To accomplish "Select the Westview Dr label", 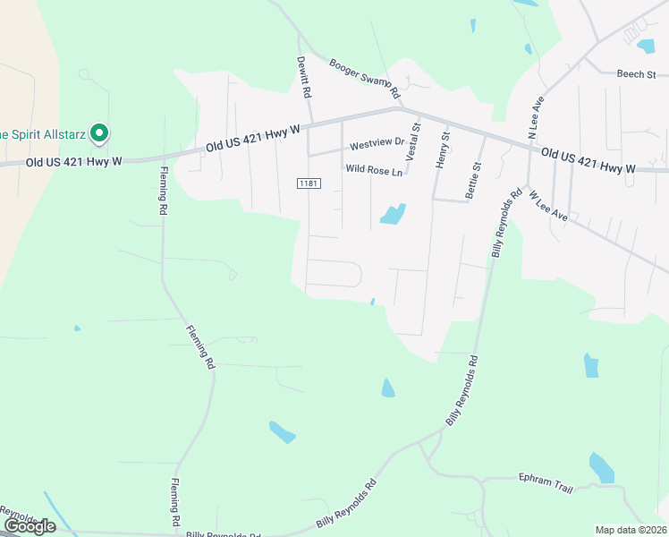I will [x=377, y=144].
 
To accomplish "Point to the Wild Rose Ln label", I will [x=375, y=169].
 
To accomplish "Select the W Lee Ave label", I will [x=548, y=205].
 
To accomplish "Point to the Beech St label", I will [x=636, y=74].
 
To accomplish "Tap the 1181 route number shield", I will [x=309, y=183].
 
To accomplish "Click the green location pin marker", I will [x=101, y=135].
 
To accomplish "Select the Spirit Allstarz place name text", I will [x=42, y=135].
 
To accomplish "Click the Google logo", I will [x=30, y=526].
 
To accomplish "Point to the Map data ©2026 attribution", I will [x=631, y=530].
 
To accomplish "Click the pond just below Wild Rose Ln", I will [x=393, y=214].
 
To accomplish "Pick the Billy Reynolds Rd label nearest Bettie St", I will [x=505, y=224].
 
